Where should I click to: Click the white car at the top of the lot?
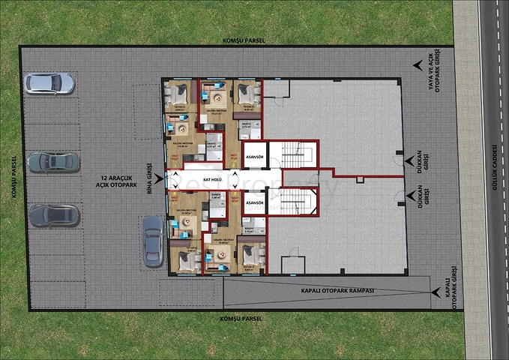(x=49, y=82)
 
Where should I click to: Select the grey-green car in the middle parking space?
(x=53, y=162)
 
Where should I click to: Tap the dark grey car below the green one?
(x=53, y=215)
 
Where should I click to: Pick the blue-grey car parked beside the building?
(x=153, y=241)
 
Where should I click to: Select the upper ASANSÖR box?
(x=255, y=156)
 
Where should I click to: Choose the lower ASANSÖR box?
(x=255, y=203)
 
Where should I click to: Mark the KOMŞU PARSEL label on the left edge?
(x=13, y=178)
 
